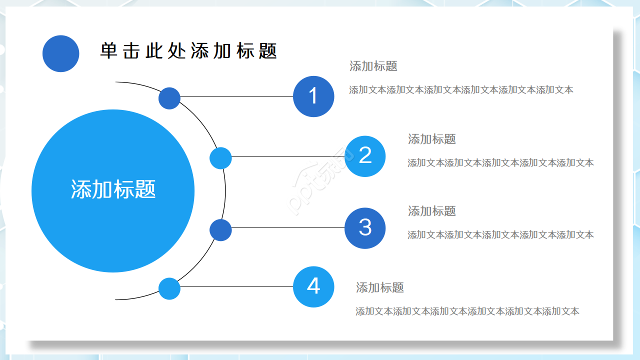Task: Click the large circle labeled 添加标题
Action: click(113, 190)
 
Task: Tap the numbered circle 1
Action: click(313, 96)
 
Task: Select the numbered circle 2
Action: click(365, 156)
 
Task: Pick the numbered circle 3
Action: click(365, 228)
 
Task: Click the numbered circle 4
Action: click(313, 286)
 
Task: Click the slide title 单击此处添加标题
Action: click(188, 51)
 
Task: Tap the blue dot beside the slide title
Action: click(61, 53)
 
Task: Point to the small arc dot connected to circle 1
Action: click(169, 98)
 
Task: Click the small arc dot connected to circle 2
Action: click(220, 158)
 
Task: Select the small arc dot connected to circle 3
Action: click(220, 230)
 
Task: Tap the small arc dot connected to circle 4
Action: click(169, 288)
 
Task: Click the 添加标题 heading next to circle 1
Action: click(373, 66)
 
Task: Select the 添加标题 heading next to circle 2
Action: click(432, 139)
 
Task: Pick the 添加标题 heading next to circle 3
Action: click(432, 211)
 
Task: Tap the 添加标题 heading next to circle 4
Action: click(380, 287)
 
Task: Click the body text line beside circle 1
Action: click(461, 90)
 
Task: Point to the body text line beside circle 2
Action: click(500, 162)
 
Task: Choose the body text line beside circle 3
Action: click(500, 234)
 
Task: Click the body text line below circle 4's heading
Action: click(467, 311)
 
